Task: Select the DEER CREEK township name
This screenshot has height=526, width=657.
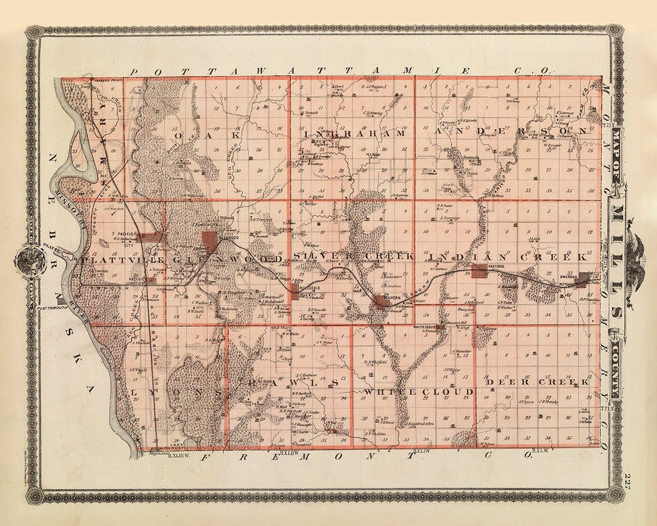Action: (537, 382)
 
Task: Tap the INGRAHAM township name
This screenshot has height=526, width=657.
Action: (355, 133)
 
